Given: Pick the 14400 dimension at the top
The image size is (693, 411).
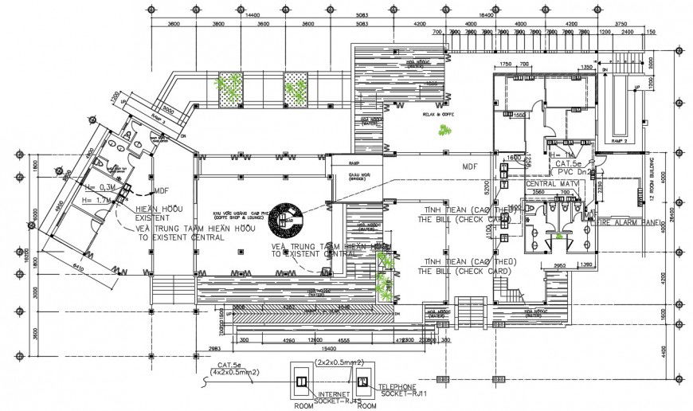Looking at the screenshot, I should tap(253, 15).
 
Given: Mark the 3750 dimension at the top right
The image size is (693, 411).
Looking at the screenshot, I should tap(621, 23).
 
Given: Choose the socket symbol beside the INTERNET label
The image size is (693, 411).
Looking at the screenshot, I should tap(300, 382).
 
